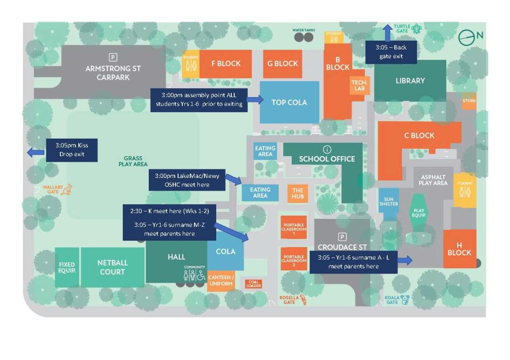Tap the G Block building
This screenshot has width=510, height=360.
point(282,64)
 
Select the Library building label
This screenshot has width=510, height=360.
point(410,81)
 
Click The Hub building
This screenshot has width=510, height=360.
point(297,193)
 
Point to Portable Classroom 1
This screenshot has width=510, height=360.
point(294,227)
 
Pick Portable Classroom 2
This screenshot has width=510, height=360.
point(294,259)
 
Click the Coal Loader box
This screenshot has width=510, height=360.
point(254,284)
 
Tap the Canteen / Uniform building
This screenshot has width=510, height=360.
point(221,281)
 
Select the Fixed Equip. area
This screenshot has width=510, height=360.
point(67,268)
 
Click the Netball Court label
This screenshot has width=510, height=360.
point(112,267)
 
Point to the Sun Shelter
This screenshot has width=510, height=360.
point(389,204)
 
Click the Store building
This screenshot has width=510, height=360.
point(469,101)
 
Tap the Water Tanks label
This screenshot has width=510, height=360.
point(303,30)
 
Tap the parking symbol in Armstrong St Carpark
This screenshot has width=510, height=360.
point(113,58)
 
